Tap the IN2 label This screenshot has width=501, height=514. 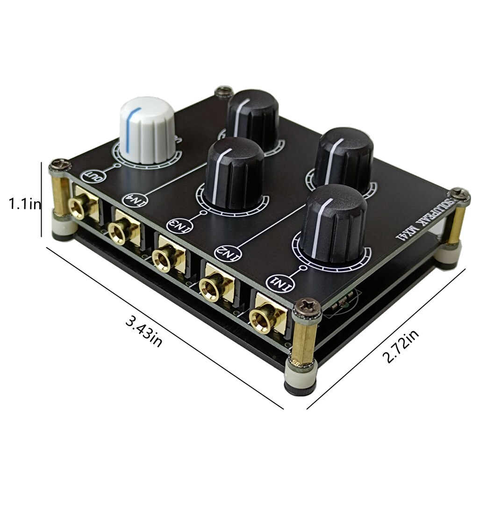point(224,251)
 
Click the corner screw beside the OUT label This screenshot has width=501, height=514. point(60,164)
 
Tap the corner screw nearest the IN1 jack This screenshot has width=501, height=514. point(307,307)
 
